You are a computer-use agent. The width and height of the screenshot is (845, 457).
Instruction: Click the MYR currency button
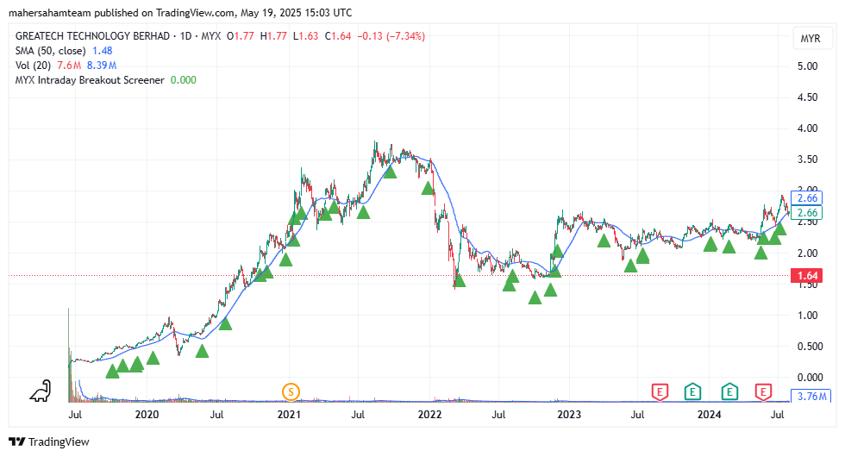point(810,39)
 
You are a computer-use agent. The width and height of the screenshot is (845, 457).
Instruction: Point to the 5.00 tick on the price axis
point(807,66)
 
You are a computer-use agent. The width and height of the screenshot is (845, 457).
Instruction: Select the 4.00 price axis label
point(807,128)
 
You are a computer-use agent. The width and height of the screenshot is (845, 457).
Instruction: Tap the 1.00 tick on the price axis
point(807,316)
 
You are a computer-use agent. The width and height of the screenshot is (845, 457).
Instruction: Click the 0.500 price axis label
point(807,347)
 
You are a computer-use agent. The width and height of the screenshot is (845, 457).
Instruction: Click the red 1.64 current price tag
point(808,276)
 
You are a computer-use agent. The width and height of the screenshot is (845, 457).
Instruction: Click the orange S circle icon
point(291,392)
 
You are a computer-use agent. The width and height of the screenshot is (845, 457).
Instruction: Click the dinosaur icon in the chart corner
point(40,392)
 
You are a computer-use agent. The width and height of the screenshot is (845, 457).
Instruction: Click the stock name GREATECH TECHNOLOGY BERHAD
point(91,36)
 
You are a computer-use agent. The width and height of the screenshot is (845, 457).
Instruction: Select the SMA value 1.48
point(103,51)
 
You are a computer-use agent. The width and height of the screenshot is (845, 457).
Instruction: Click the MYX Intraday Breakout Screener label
point(90,80)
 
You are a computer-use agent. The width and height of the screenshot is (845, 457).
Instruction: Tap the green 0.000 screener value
point(183,80)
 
